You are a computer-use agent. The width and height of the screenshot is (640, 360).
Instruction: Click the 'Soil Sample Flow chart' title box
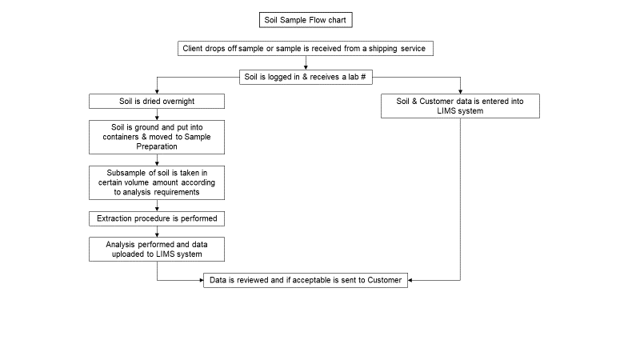[306, 20]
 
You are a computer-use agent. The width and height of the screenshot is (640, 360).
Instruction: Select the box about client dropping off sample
[306, 49]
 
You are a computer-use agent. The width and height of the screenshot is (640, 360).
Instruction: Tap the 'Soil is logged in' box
[306, 77]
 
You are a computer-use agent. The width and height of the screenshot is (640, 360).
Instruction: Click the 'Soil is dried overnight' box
[157, 102]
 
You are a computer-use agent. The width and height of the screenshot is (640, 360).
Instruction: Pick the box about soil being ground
[157, 137]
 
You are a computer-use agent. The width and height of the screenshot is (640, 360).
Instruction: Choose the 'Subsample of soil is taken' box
[157, 183]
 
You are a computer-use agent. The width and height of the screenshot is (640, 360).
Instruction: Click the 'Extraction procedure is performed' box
[157, 218]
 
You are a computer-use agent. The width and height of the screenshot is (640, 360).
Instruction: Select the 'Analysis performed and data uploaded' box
[157, 250]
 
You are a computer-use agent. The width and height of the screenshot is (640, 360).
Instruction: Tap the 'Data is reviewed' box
[306, 281]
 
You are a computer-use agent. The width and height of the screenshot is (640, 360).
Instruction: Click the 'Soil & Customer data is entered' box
[461, 106]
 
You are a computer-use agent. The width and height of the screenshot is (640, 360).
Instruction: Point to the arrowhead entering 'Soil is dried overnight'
[157, 92]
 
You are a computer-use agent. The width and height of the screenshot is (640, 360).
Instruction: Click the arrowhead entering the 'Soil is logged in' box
[306, 68]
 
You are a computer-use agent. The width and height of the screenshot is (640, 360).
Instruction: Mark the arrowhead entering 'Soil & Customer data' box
[461, 92]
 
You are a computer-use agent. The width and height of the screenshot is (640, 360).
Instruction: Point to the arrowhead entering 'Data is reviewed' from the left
[202, 281]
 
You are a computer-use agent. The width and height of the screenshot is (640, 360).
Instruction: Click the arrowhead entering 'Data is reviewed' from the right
[410, 281]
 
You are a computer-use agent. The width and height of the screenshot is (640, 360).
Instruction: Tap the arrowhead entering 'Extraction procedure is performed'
[157, 210]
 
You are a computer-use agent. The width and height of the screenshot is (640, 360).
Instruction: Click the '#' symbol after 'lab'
[363, 77]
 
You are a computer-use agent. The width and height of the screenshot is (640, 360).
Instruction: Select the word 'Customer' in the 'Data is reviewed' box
[385, 280]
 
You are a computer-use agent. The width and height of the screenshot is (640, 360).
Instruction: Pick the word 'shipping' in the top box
[383, 49]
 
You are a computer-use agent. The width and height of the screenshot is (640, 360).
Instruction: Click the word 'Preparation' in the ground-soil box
[157, 146]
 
